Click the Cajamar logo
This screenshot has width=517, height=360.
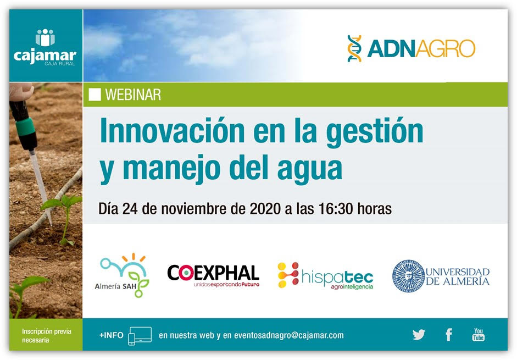click(45, 47)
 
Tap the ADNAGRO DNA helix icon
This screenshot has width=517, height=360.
click(354, 48)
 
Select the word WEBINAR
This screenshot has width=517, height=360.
click(133, 95)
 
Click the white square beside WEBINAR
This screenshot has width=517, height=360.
click(94, 95)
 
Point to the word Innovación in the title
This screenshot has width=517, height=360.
click(172, 131)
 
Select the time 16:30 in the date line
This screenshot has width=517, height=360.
click(336, 208)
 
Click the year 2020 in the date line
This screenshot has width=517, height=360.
click(265, 208)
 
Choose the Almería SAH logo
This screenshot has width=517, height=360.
click(123, 275)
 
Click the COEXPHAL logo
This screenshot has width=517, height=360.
click(213, 275)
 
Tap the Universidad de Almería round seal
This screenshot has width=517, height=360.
click(408, 276)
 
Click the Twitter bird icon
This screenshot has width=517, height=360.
click(419, 335)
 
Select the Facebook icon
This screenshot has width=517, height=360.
click(449, 335)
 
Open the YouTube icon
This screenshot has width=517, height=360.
click(479, 334)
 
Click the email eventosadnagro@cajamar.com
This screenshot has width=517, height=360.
click(289, 335)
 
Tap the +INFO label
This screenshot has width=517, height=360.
click(112, 335)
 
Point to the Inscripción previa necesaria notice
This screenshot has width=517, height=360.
click(47, 336)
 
